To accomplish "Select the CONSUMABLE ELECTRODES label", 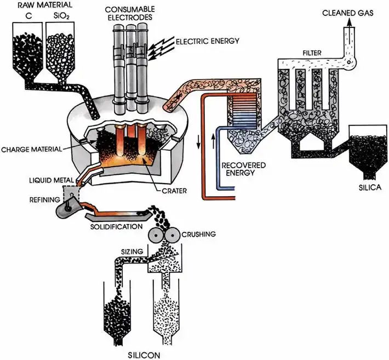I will (129, 13).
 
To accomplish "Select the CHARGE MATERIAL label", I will (32, 148).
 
